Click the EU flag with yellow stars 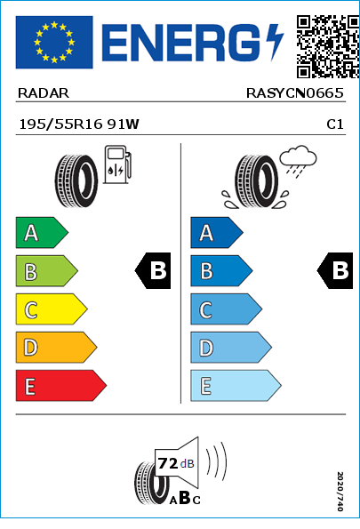point(54,42)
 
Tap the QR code point(328,46)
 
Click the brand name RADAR point(44,93)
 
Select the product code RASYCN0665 point(295,93)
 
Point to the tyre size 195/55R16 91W point(79,124)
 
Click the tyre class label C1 point(335,124)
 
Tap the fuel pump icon point(117,164)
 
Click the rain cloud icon point(299,161)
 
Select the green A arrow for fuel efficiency point(42,232)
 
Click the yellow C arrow point(52,309)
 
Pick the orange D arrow point(56,347)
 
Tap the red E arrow point(61,386)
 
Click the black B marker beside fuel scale point(153,270)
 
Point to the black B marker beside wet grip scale point(335,270)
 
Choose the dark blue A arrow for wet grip point(217,232)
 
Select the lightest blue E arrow point(236,386)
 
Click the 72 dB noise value point(176,463)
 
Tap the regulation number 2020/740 point(340,491)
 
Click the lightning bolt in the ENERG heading point(275,42)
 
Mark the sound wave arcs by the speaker point(216,461)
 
